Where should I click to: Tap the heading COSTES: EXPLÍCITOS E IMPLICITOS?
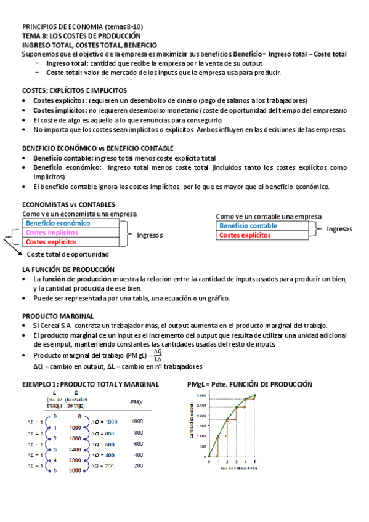pos(75,90)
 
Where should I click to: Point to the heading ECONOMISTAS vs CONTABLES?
pos(68,204)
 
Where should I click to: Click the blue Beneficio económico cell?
pos(59,223)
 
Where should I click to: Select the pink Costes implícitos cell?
pos(52,233)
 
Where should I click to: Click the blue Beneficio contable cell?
pos(248,226)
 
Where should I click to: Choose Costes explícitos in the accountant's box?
pos(245,235)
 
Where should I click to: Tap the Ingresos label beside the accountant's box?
pos(339,228)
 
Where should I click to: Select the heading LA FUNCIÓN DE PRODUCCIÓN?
pos(68,270)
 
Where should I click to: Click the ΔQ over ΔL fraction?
pos(158,356)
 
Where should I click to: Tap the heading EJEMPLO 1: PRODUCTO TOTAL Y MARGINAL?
pos(90,385)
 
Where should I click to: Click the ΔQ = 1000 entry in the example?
pos(103,422)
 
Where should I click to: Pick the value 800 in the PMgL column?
pos(137,433)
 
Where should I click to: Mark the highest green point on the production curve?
pos(255,396)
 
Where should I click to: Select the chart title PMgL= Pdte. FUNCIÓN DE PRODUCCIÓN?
pos(249,385)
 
